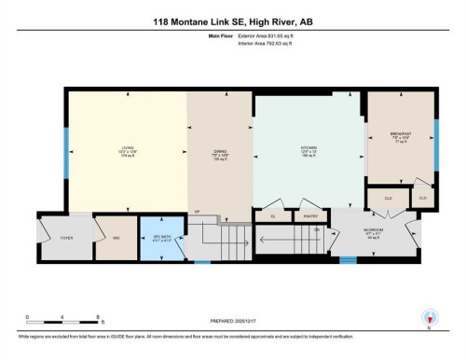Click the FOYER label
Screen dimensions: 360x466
click(x=66, y=238)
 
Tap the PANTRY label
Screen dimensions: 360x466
click(x=311, y=216)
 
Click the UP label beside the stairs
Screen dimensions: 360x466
click(x=197, y=212)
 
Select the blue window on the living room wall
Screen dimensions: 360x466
click(x=66, y=145)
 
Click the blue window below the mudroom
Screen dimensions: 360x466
click(x=348, y=259)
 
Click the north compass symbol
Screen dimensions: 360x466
click(x=430, y=318)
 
